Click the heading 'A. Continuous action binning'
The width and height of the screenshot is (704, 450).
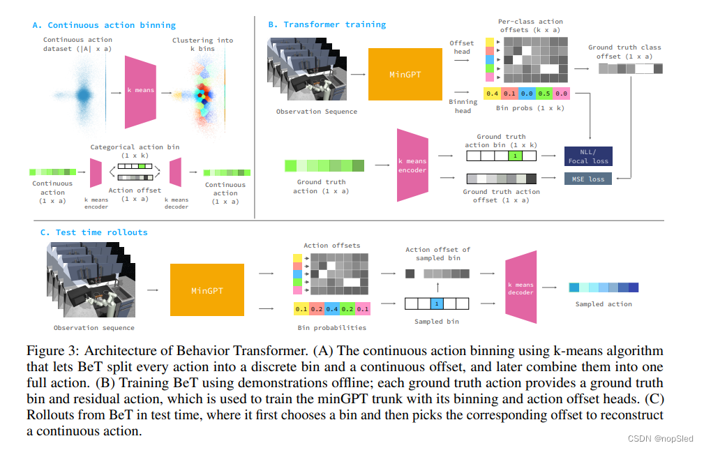[x=104, y=25]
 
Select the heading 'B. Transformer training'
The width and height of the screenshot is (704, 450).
[x=327, y=25]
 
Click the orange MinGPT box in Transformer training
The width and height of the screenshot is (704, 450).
[x=405, y=74]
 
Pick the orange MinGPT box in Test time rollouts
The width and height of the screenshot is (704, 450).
[x=207, y=290]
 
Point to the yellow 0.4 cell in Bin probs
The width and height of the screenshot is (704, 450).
[x=492, y=93]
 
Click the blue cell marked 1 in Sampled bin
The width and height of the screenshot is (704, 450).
[x=435, y=303]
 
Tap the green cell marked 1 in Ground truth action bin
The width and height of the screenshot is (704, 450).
[x=515, y=157]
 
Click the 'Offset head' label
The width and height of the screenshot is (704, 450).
[x=462, y=47]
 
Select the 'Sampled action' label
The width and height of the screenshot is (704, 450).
[x=604, y=304]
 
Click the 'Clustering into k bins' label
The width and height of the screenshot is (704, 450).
[x=203, y=45]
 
